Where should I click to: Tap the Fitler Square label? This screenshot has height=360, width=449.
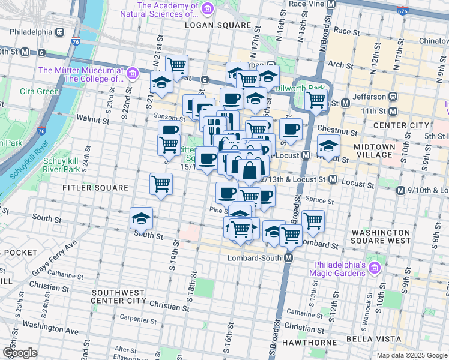point(96,188)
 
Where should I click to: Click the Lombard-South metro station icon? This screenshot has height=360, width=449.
point(288,258)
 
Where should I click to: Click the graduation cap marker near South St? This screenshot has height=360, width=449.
point(142,218)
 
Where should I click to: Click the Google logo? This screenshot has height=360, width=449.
point(20,353)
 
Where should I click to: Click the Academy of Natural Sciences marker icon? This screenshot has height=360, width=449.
point(208,8)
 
